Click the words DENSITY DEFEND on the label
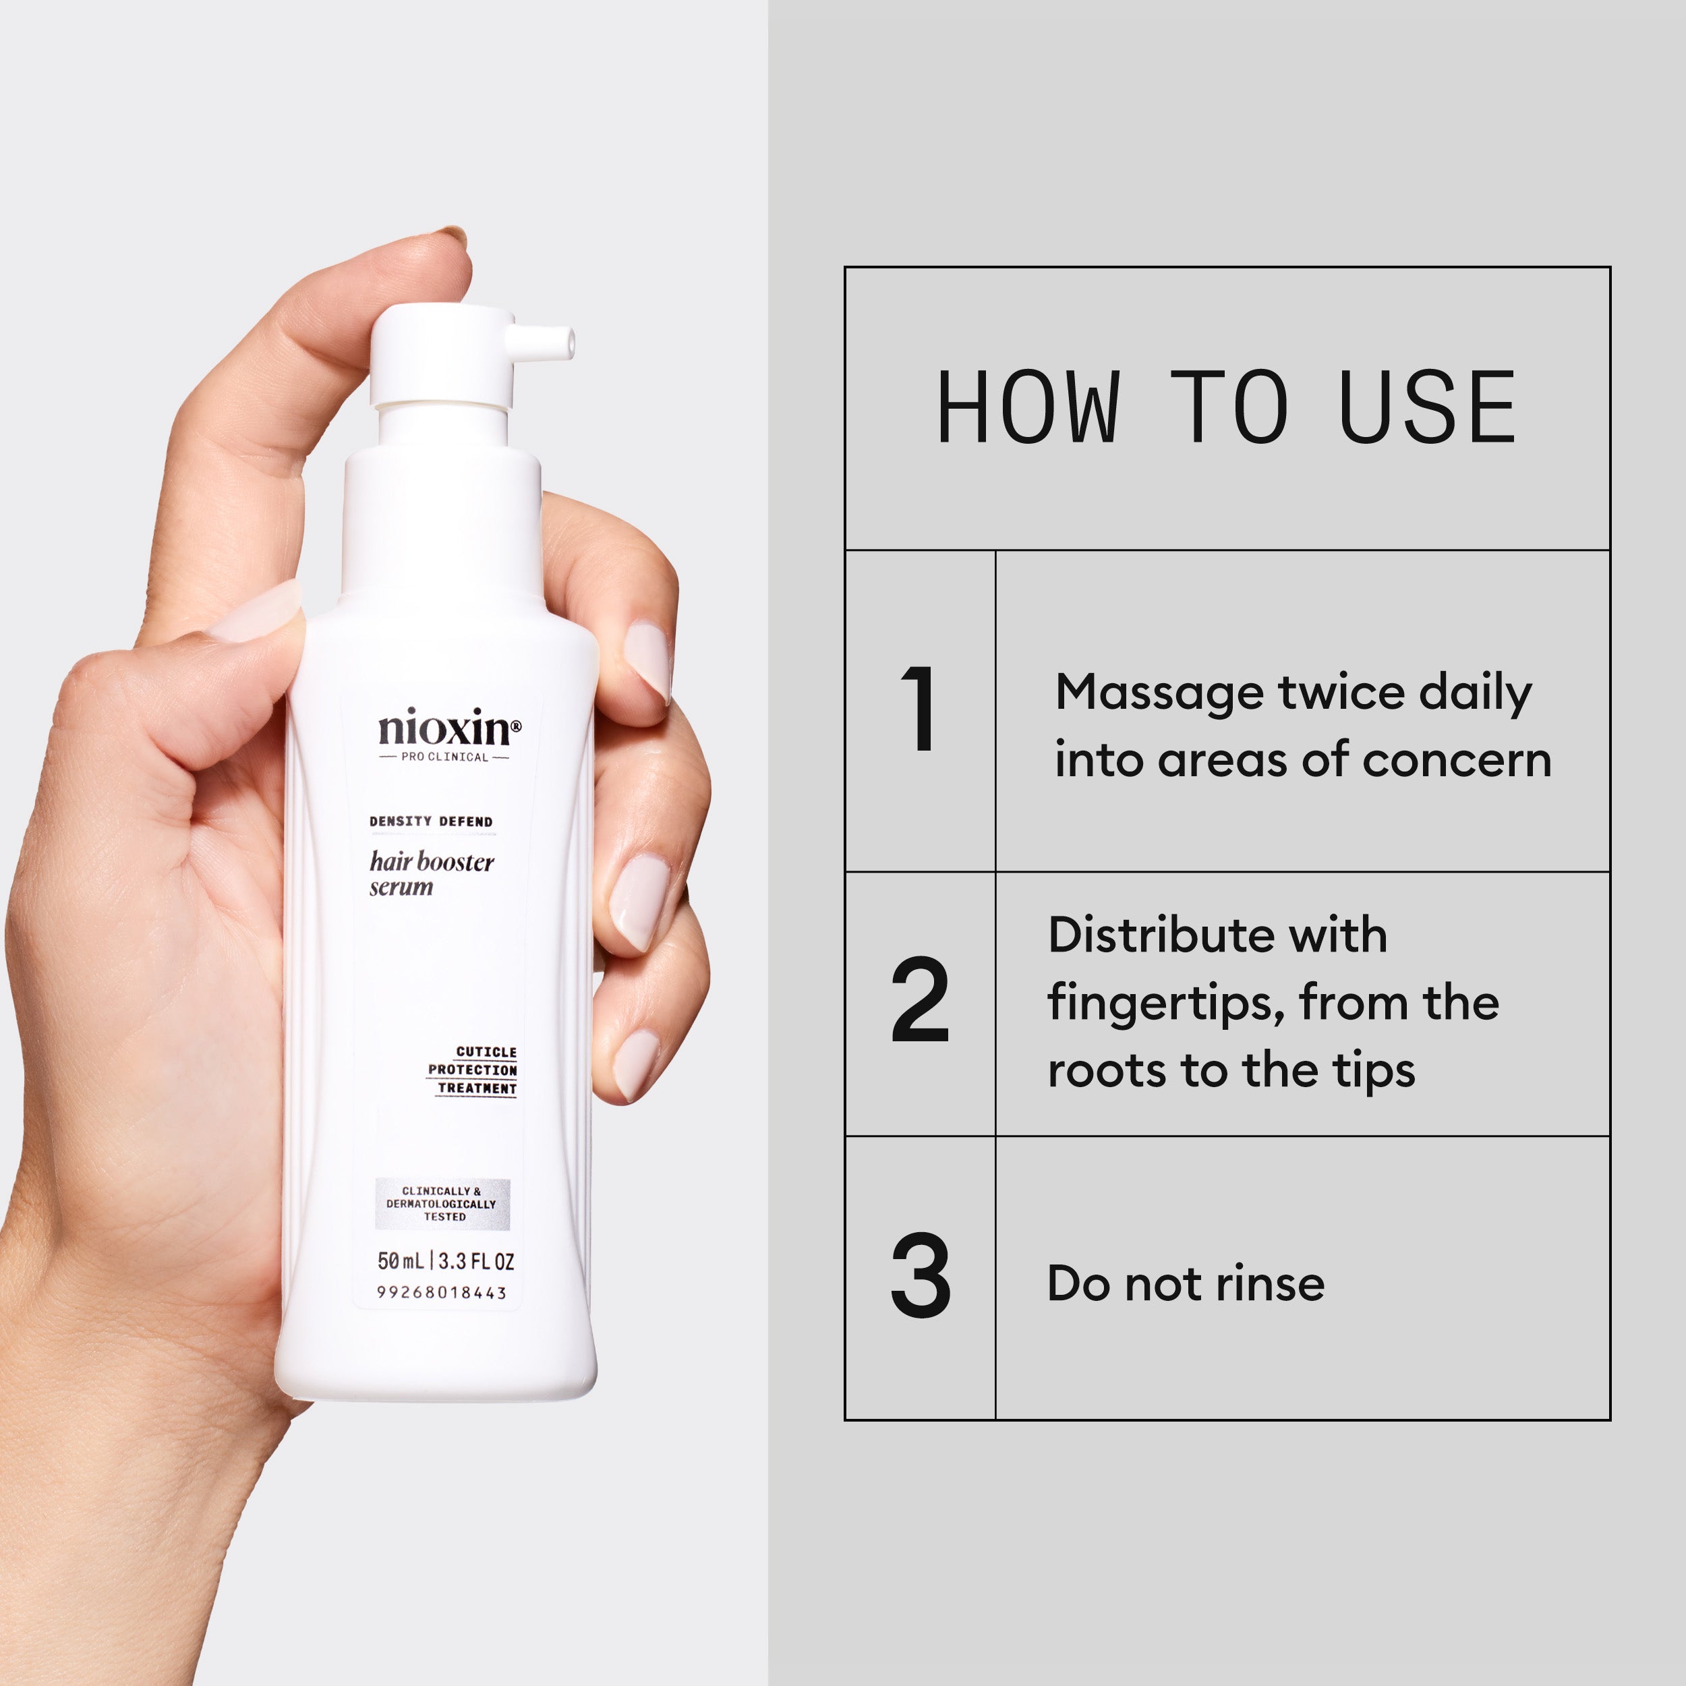point(431,821)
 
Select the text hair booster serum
point(431,873)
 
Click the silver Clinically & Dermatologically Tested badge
point(442,1203)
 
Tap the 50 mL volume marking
point(401,1261)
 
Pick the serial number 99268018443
point(442,1292)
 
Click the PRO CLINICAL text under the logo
point(444,757)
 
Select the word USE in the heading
point(1428,407)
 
